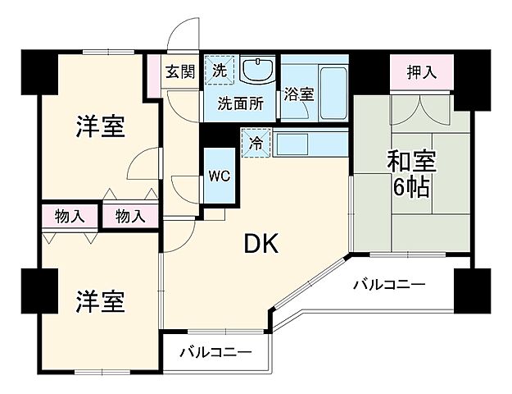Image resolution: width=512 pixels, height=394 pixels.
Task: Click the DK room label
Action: (x=261, y=243)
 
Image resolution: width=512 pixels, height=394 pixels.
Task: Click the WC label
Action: (x=219, y=175)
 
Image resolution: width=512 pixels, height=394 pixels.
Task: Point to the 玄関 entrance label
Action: (x=179, y=71)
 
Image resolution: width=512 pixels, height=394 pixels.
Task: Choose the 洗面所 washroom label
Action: (x=239, y=103)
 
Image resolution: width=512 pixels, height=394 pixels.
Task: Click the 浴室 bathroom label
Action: (x=299, y=94)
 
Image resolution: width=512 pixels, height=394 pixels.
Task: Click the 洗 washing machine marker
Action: (x=220, y=68)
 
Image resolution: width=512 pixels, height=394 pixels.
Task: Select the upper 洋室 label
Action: (x=101, y=127)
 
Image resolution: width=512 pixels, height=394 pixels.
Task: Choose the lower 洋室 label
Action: (x=101, y=301)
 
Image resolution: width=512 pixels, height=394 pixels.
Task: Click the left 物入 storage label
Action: (x=70, y=217)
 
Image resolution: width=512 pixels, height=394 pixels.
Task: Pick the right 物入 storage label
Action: (x=129, y=217)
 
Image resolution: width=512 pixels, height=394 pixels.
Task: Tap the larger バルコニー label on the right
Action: (x=389, y=285)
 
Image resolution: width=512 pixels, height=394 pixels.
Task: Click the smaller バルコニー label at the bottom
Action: (x=215, y=353)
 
